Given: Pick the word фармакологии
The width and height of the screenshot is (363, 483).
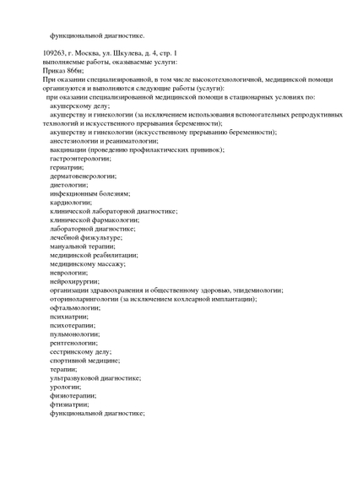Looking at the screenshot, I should click(123, 220).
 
